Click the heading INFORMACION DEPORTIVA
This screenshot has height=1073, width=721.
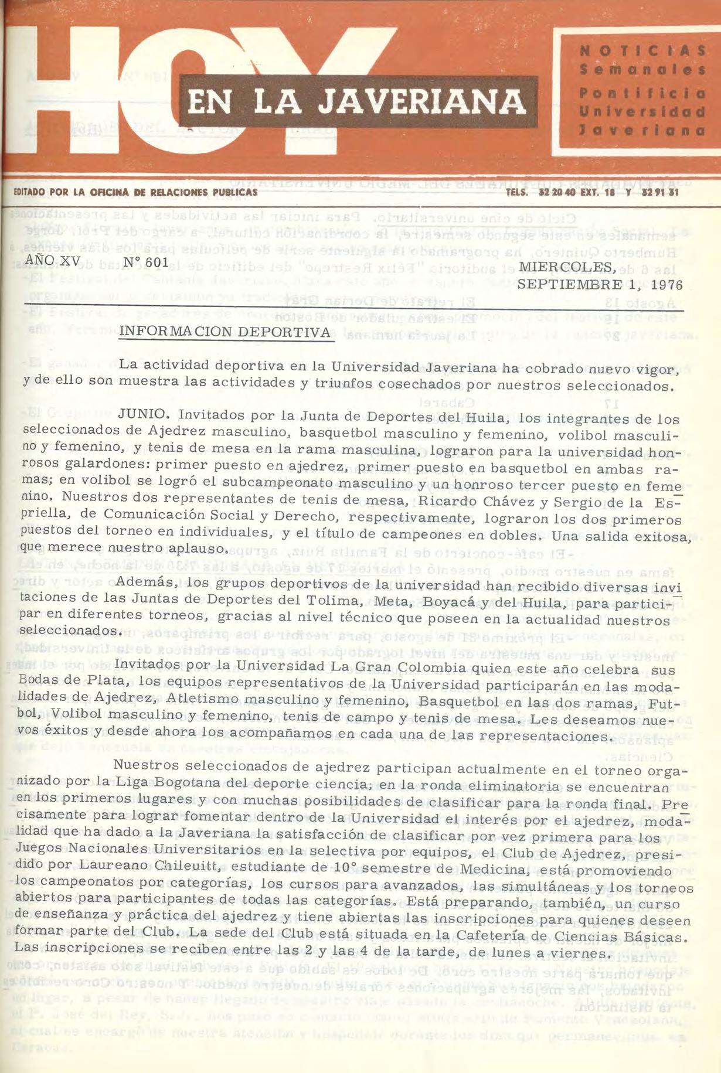225,332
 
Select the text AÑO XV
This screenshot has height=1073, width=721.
53,260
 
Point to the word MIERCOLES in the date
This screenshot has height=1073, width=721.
567,268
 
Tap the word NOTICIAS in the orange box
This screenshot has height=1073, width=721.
642,50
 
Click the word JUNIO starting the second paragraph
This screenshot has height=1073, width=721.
143,415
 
